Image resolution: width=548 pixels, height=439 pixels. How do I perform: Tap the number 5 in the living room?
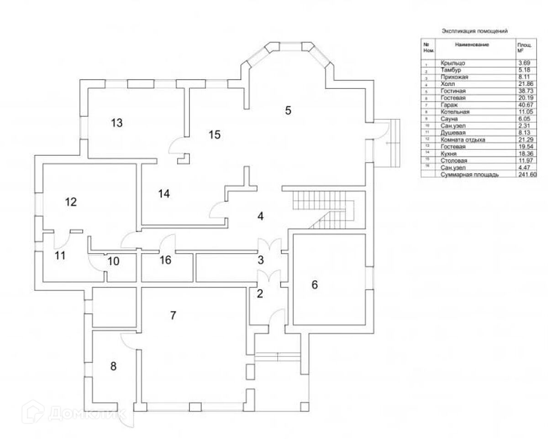288,110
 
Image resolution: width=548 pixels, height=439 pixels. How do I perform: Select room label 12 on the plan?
71,201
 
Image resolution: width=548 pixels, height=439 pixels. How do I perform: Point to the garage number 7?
173,315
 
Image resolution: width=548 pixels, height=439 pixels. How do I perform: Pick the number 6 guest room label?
314,284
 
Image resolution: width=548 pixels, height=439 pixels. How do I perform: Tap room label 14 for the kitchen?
164,194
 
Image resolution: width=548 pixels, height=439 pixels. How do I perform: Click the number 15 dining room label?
215,134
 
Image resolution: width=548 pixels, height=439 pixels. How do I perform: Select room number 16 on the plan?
165,260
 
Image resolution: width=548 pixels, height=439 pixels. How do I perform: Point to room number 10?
113,261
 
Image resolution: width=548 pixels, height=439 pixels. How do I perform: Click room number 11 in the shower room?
60,255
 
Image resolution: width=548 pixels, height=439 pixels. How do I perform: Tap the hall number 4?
260,216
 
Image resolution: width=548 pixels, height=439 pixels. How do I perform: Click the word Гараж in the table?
449,104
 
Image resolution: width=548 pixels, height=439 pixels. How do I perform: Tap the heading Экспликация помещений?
474,31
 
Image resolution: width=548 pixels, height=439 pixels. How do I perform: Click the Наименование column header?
472,45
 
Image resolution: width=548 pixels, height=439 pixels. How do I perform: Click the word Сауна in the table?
449,119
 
